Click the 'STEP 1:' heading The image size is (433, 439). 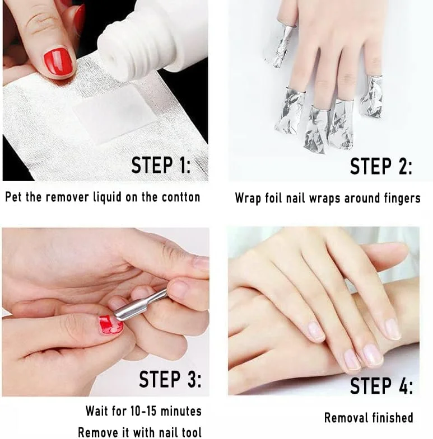click(x=161, y=165)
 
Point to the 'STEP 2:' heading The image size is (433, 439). click(x=381, y=166)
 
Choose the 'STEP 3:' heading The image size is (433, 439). click(x=170, y=379)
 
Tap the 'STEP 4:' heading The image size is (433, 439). click(x=381, y=385)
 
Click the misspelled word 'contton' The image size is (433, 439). click(x=181, y=197)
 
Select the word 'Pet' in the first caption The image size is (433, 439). click(x=14, y=197)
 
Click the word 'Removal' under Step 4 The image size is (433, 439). click(x=344, y=418)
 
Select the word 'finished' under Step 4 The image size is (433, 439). click(x=390, y=417)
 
